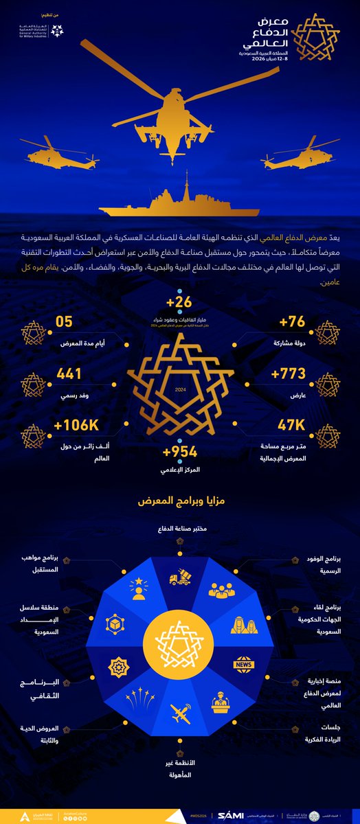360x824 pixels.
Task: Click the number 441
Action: point(69,374)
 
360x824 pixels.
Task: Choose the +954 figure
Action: point(180,452)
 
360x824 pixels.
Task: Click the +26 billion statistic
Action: point(181,302)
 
